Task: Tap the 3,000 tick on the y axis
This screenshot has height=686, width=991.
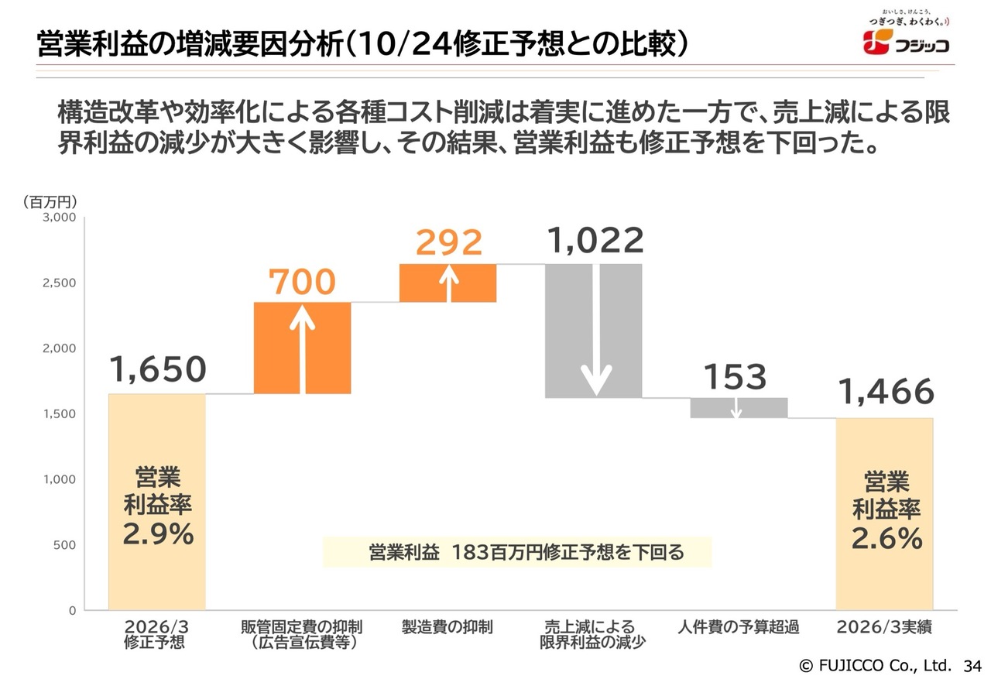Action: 60,218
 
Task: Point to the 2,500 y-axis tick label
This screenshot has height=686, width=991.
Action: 60,283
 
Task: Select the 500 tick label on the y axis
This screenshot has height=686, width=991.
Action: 64,545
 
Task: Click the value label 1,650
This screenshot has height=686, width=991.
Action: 157,369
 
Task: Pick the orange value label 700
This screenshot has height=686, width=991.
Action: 302,282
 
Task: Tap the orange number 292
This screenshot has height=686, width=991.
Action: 448,242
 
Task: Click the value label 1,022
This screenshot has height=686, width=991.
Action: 595,240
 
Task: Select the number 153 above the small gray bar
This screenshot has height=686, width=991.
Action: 735,377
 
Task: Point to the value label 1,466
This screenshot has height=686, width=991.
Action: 886,392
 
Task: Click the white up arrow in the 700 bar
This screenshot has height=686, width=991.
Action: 302,349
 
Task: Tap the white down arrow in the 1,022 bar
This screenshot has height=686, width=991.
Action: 596,330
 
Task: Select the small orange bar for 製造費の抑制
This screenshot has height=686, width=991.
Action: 447,283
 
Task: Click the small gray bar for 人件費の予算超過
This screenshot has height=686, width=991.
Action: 739,408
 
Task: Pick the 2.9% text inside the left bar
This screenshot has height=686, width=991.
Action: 158,533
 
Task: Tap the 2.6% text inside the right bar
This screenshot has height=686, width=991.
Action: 886,538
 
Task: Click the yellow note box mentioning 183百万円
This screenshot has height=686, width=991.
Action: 517,552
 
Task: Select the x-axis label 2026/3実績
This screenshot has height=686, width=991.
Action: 884,626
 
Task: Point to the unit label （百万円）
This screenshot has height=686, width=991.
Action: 50,202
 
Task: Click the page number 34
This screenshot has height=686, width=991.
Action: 972,666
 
